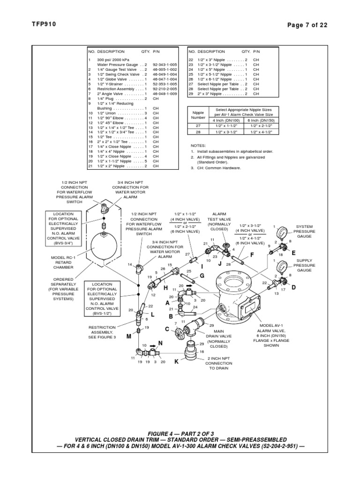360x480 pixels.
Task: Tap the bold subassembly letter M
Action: tap(128, 337)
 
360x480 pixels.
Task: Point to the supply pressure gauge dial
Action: tap(281, 266)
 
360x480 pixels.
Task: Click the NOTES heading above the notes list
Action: tap(198, 146)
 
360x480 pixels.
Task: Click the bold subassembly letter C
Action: tap(166, 329)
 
